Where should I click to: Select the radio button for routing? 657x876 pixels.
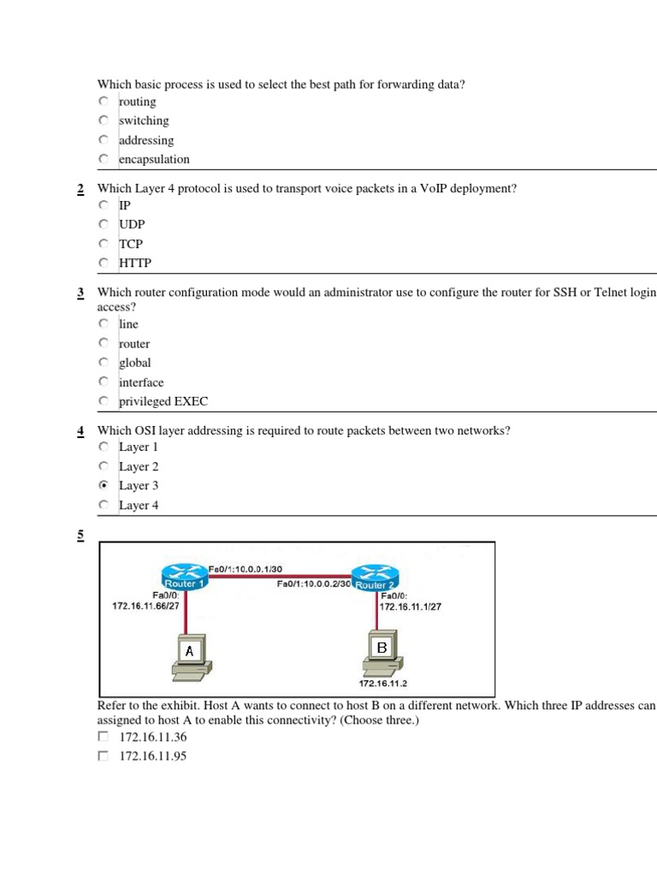104,102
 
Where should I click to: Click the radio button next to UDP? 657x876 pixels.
104,224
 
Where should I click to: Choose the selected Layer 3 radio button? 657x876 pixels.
104,485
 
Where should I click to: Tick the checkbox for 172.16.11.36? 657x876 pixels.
104,736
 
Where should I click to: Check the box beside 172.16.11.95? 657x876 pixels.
104,755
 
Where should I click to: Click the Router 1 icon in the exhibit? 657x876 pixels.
183,578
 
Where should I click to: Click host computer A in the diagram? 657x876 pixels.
189,660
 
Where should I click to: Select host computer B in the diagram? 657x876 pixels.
382,655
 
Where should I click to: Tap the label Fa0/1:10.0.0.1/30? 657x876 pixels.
246,568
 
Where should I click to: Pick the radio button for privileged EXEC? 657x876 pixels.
104,401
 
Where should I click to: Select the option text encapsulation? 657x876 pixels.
154,159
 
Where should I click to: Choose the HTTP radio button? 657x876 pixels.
104,263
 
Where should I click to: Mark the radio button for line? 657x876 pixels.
104,324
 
